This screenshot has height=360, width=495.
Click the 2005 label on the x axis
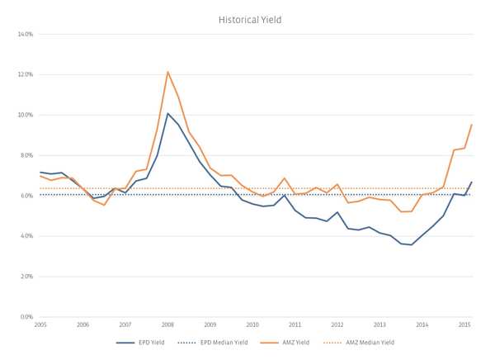click(40, 325)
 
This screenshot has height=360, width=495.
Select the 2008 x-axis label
click(167, 325)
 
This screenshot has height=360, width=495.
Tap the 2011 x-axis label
click(295, 325)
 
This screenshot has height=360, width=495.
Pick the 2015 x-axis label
click(464, 325)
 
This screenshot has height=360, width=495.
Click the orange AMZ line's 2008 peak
click(167, 72)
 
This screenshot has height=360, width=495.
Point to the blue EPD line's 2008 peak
click(167, 114)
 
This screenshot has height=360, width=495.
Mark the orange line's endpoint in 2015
click(471, 125)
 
